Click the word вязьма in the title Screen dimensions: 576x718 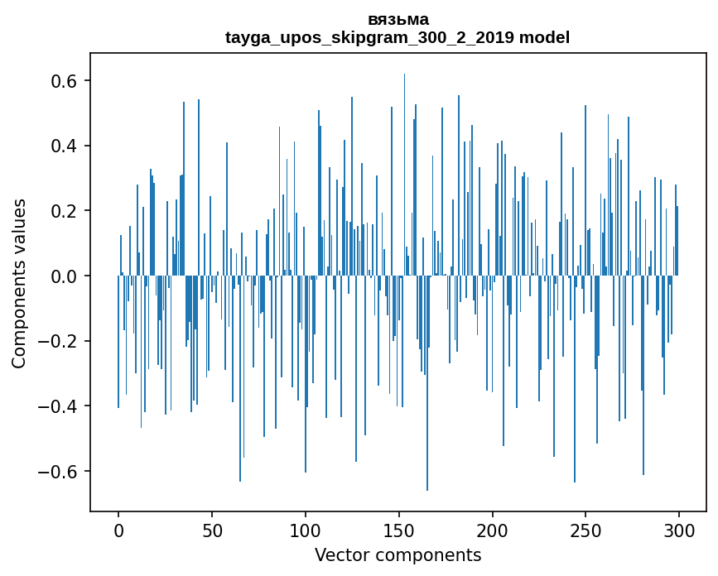click(x=398, y=20)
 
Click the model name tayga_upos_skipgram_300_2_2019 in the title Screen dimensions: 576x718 click(x=369, y=37)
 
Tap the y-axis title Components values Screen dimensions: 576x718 click(x=19, y=283)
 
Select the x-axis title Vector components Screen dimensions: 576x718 click(x=398, y=554)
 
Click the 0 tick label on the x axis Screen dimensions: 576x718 click(x=118, y=530)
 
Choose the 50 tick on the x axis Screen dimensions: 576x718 click(x=212, y=530)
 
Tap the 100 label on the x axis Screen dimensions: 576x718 click(x=306, y=530)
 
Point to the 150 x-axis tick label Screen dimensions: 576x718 click(x=399, y=530)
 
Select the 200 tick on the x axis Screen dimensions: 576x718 click(x=493, y=530)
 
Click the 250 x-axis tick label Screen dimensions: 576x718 click(x=585, y=530)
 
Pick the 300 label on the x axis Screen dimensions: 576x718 click(x=679, y=530)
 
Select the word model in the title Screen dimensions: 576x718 click(x=544, y=37)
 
